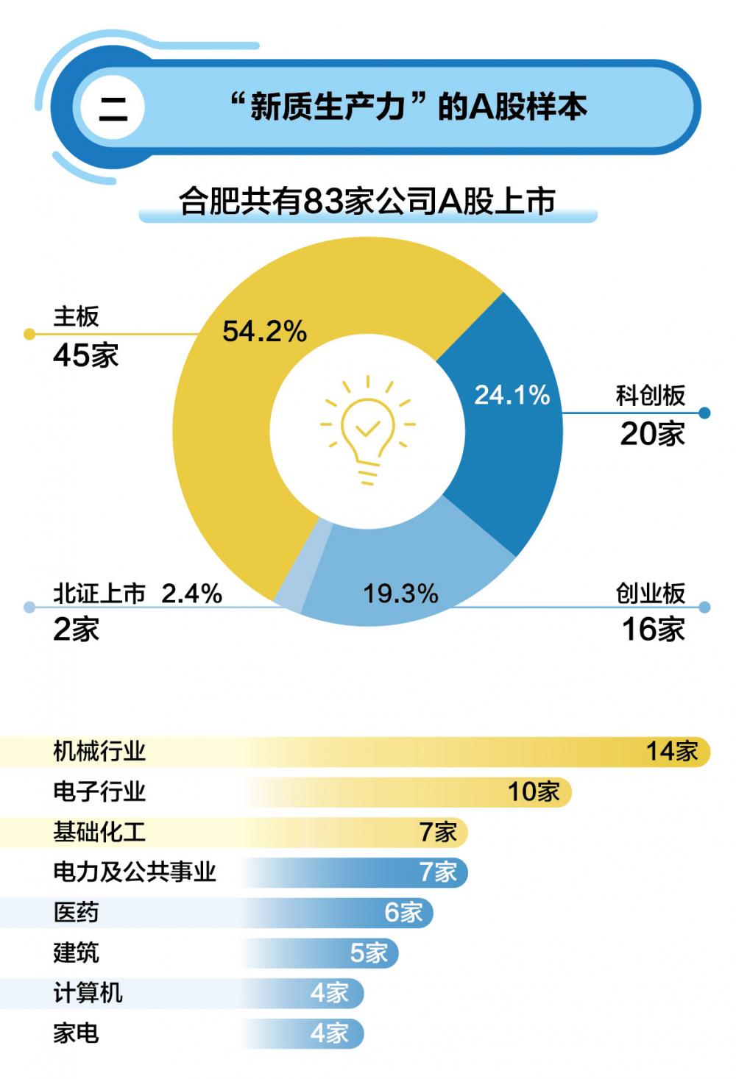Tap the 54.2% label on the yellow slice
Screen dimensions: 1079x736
[x=264, y=332]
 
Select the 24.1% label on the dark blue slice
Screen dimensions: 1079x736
[x=512, y=396]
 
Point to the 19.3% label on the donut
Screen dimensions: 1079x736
[x=400, y=594]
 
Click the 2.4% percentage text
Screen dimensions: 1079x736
[x=191, y=593]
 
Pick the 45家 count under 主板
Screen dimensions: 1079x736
[x=85, y=356]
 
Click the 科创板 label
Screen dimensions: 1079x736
[x=651, y=396]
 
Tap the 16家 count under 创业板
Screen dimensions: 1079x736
[x=654, y=630]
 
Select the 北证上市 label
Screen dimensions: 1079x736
[x=99, y=593]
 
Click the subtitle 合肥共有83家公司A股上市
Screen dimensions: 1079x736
[x=367, y=201]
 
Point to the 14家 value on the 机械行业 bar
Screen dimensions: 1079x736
[x=671, y=751]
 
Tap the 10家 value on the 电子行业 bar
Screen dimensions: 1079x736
[x=534, y=791]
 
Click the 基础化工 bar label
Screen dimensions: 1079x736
[x=99, y=832]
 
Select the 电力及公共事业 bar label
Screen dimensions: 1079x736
[x=134, y=872]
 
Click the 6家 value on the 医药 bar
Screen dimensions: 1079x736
[x=403, y=912]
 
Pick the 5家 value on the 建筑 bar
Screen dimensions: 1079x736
[x=369, y=952]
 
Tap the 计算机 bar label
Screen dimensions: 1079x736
[x=88, y=993]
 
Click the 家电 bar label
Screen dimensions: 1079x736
[x=76, y=1033]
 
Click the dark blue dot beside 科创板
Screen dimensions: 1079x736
[x=704, y=413]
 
